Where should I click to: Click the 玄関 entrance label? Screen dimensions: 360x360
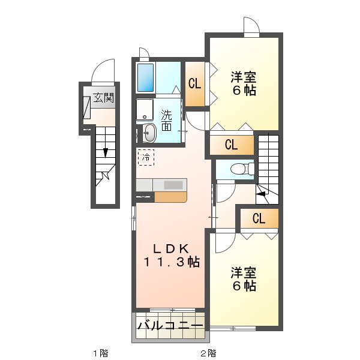click(103, 97)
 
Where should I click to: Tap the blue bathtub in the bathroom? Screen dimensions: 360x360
click(146, 77)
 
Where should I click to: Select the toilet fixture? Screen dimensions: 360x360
click(241, 169)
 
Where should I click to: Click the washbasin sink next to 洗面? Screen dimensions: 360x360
click(149, 133)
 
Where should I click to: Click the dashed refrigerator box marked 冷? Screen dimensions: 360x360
click(146, 158)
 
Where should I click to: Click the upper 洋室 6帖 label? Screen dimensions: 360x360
click(244, 84)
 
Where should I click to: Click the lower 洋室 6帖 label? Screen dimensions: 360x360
click(244, 280)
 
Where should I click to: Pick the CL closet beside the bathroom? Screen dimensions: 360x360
click(195, 84)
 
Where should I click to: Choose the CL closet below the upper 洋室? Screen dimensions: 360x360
click(232, 144)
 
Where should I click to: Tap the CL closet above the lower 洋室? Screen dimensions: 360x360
click(259, 219)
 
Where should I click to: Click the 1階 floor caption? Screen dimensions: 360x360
click(100, 353)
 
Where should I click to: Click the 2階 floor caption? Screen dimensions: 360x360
click(208, 353)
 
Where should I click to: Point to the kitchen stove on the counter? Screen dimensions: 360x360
click(173, 185)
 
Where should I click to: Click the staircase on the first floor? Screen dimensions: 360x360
click(103, 162)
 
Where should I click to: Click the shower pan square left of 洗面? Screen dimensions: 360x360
click(145, 110)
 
